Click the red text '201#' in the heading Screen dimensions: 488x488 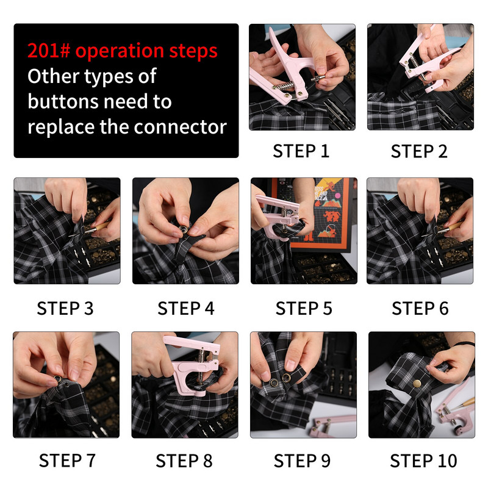[x=49, y=51]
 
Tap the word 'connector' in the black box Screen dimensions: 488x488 [x=180, y=127]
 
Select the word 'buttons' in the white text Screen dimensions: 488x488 [x=66, y=101]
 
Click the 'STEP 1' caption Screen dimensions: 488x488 [x=301, y=151]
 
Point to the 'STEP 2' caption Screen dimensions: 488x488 [x=419, y=151]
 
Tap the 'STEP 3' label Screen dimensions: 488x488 [x=65, y=309]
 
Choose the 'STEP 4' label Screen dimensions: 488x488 [x=186, y=309]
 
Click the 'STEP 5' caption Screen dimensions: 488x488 [x=304, y=309]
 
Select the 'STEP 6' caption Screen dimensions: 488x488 [x=420, y=309]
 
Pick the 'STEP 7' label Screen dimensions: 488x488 [x=67, y=461]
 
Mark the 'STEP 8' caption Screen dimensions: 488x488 [x=184, y=461]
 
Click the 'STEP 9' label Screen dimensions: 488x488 [x=302, y=461]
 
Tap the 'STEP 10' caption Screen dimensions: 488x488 [x=423, y=461]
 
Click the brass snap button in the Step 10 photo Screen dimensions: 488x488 [x=417, y=383]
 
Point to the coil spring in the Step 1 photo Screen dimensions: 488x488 [x=284, y=86]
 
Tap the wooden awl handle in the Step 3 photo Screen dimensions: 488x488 [x=102, y=226]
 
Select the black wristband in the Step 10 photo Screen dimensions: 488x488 [x=464, y=344]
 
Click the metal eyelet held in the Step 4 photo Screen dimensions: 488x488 [x=183, y=230]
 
